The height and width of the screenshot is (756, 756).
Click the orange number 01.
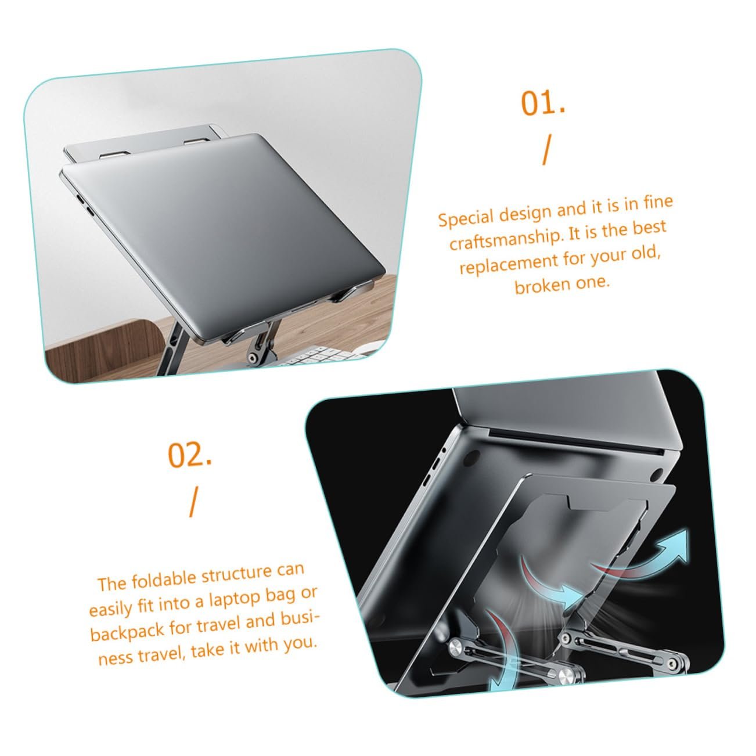[x=542, y=103]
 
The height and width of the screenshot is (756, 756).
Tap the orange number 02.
[x=189, y=455]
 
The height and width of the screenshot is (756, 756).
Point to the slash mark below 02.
[x=192, y=503]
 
